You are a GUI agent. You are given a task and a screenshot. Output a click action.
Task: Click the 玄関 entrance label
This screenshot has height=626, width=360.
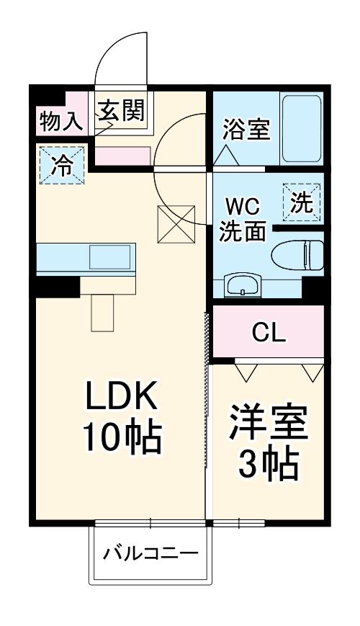tap(122, 111)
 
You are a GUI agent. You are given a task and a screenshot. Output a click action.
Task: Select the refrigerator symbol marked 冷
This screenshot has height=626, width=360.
tap(62, 165)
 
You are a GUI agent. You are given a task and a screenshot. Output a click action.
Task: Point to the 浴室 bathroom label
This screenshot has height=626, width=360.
tap(246, 130)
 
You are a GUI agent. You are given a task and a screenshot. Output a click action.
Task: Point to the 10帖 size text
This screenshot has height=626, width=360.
tap(121, 435)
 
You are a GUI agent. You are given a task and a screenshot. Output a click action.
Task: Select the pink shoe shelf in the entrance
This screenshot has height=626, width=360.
tap(123, 155)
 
